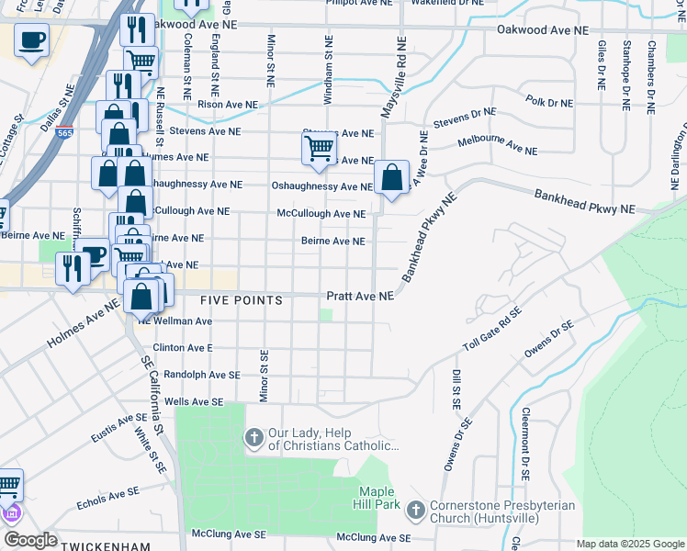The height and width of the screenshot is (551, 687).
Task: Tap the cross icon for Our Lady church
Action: (253, 438)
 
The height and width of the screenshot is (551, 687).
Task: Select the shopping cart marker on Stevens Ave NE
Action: (319, 148)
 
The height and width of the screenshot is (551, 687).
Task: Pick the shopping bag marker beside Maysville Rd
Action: (391, 176)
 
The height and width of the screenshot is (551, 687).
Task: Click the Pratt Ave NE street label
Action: (361, 297)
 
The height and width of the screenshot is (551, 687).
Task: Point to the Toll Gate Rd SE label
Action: (492, 330)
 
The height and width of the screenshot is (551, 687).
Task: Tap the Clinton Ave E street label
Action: (182, 349)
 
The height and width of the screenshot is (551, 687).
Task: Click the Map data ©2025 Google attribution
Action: (630, 544)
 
